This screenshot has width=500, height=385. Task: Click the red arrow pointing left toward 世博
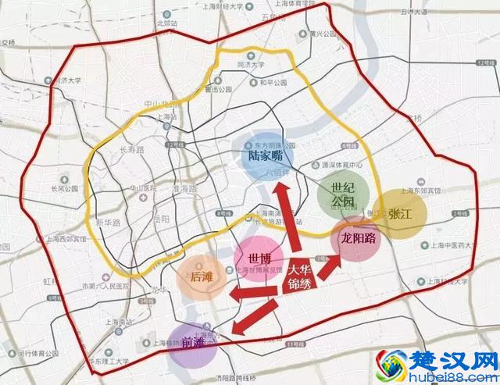(x=253, y=292)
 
